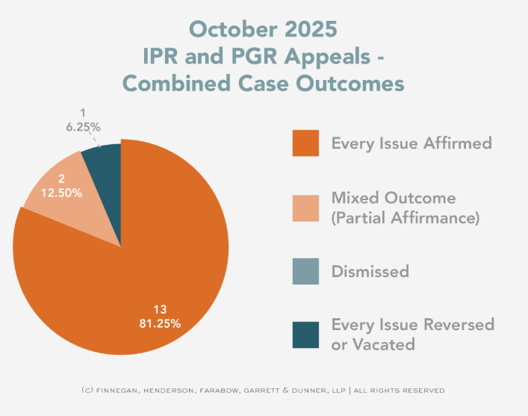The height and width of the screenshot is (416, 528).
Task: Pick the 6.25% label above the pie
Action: (x=81, y=127)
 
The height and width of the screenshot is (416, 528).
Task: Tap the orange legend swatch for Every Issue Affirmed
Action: (x=306, y=143)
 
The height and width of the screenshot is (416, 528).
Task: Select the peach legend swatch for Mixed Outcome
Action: (x=306, y=208)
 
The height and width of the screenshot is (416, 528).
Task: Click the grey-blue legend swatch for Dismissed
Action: (x=306, y=270)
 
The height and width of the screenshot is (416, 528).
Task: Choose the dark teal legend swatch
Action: (x=306, y=334)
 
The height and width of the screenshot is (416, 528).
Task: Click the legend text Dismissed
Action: (x=370, y=271)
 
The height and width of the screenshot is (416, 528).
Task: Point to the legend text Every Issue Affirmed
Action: (x=411, y=143)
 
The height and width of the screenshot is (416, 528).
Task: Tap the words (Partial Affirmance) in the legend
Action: (x=406, y=217)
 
